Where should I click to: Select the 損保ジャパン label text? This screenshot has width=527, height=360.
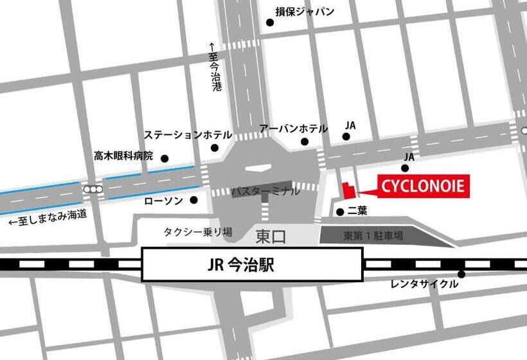coord(305,11)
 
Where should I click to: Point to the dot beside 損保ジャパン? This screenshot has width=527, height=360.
coord(270,22)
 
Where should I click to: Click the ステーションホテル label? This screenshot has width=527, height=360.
coord(188,135)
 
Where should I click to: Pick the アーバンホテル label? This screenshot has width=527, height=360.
coord(293,129)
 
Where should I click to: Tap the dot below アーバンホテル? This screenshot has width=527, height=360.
coord(304,142)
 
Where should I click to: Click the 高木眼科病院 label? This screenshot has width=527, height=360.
coord(124,156)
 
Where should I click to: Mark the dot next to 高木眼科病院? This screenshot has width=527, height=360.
coord(165,158)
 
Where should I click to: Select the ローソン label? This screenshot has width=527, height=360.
coord(164,201)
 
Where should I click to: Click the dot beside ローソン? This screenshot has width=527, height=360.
coord(193,200)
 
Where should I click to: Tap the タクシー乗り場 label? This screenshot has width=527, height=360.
coord(198,232)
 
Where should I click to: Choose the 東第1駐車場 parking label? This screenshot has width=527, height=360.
coord(373,237)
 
